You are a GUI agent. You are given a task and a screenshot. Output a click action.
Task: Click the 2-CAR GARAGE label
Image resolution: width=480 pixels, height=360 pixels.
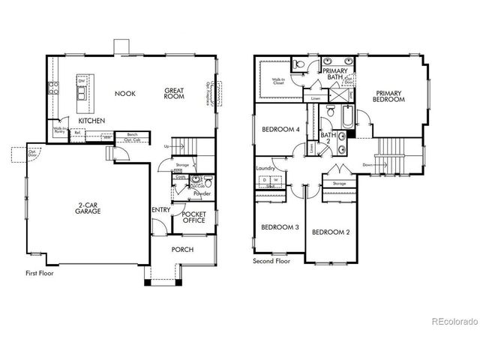click(89, 208)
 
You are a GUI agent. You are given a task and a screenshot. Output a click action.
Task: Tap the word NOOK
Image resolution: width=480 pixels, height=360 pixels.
click(124, 94)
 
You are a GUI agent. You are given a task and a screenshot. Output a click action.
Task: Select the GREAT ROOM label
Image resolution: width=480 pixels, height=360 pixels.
click(175, 94)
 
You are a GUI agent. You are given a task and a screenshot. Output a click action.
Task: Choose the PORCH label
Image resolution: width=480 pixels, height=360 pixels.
click(183, 250)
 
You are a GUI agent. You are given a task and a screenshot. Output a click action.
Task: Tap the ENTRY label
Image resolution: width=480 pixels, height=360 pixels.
click(160, 210)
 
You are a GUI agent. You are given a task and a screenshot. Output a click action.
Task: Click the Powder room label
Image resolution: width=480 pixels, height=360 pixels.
click(202, 194)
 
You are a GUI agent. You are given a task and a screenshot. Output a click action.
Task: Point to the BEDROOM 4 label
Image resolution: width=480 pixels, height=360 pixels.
click(280, 129)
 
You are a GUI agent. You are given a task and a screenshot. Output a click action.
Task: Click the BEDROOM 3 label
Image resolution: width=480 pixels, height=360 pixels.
click(280, 227)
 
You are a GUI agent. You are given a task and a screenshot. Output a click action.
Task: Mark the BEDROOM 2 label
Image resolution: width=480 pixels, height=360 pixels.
click(331, 232)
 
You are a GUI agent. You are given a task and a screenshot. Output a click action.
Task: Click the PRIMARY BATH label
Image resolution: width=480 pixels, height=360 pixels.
click(334, 73)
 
